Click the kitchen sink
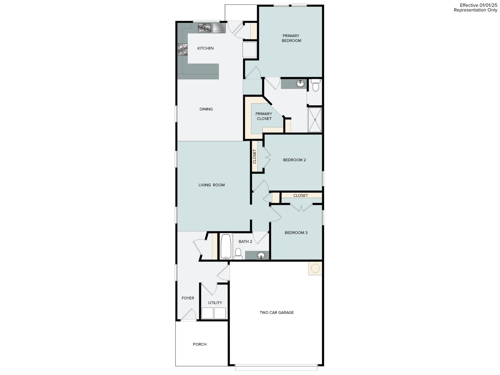click(x=204, y=28)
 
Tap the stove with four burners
click(x=183, y=49)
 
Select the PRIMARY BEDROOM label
click(x=291, y=38)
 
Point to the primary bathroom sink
click(x=300, y=84)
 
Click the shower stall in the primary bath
click(x=315, y=120)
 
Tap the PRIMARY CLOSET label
click(x=264, y=116)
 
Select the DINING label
click(x=206, y=109)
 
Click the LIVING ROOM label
click(x=211, y=185)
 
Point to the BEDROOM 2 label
click(x=294, y=160)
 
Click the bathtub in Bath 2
click(x=226, y=246)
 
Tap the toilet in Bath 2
click(x=238, y=253)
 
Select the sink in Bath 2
click(x=261, y=255)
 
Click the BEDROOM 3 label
click(x=296, y=233)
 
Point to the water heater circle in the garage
click(x=315, y=268)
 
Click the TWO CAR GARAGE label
click(x=277, y=312)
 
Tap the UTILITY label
click(x=215, y=303)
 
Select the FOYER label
click(x=188, y=298)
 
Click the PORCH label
click(x=199, y=344)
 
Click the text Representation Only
click(x=475, y=10)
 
